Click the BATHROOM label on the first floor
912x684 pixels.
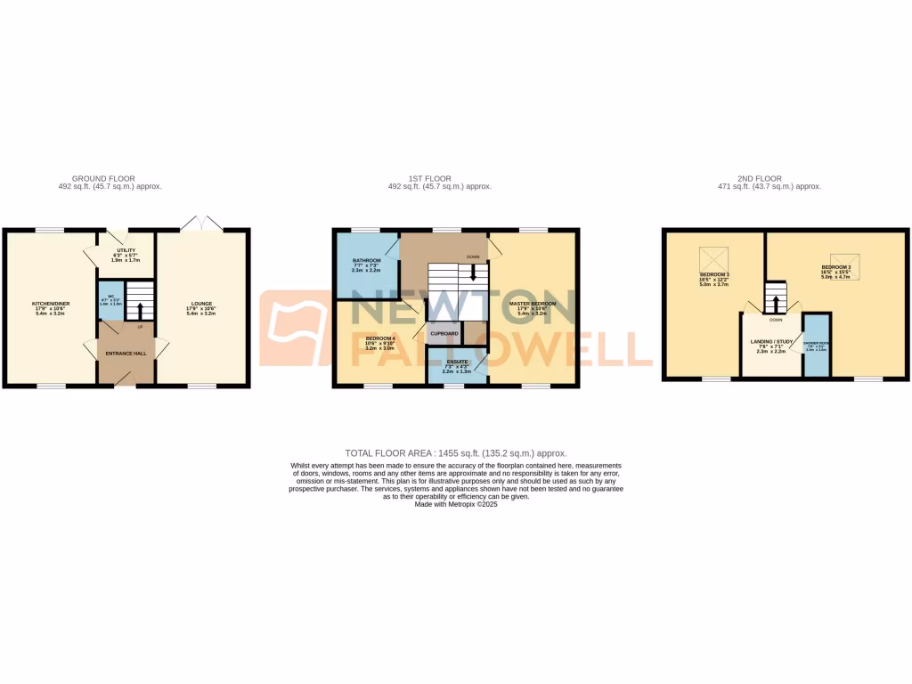[x=366, y=261]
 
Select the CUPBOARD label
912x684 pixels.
[x=444, y=333]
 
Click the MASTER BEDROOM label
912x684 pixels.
[x=533, y=304]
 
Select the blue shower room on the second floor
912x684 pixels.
[x=817, y=346]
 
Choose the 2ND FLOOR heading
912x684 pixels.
[x=769, y=179]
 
